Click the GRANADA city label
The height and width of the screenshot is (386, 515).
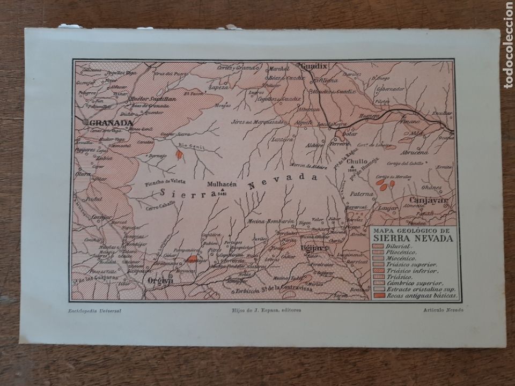click(109, 123)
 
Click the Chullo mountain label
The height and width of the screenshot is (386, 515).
click(357, 160)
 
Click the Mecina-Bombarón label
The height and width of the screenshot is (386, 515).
click(271, 220)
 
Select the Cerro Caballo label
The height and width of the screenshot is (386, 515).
click(160, 208)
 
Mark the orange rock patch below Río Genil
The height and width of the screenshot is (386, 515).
click(179, 154)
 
